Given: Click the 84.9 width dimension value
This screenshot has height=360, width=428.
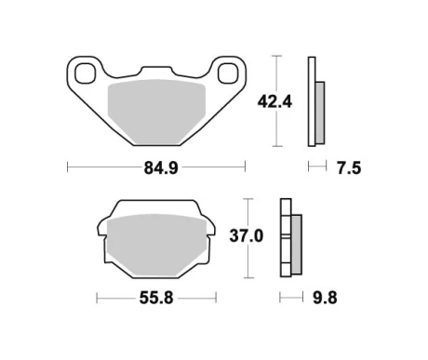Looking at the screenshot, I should [155, 168].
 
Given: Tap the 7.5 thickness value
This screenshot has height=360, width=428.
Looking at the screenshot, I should [348, 168].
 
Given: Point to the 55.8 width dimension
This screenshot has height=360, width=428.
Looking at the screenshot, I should [155, 299].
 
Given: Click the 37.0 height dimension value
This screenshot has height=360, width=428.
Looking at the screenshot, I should [246, 236].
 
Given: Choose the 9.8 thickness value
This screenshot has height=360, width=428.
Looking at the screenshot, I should [325, 299].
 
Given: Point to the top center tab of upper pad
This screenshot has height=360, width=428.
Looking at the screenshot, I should [155, 72].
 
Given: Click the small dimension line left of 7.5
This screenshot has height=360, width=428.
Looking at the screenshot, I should [316, 168].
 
